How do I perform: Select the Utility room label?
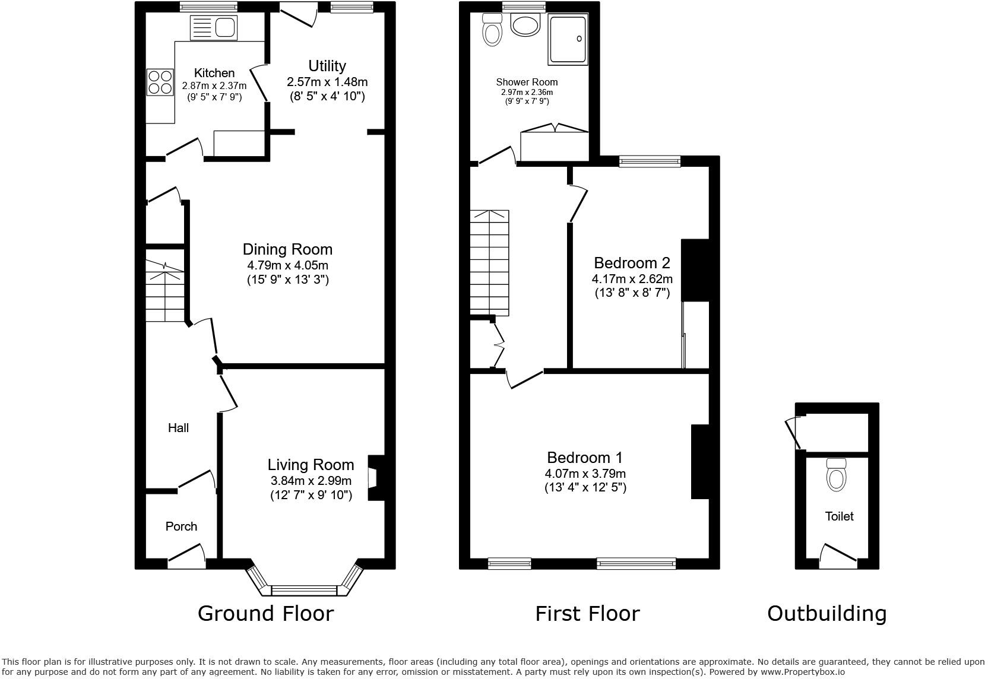pyautogui.click(x=327, y=66)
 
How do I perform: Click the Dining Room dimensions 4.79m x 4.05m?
pyautogui.click(x=287, y=265)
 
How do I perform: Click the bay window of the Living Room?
pyautogui.click(x=303, y=590)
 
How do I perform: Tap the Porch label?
pyautogui.click(x=181, y=526)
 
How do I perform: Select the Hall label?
pyautogui.click(x=178, y=428)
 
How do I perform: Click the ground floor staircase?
pyautogui.click(x=164, y=291)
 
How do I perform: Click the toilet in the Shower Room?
pyautogui.click(x=492, y=30)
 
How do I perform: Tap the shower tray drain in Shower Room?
pyautogui.click(x=579, y=39)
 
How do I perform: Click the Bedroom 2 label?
pyautogui.click(x=632, y=263)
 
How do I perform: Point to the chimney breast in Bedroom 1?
pyautogui.click(x=701, y=462)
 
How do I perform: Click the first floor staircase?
pyautogui.click(x=490, y=262)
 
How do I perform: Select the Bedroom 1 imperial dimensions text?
pyautogui.click(x=585, y=488)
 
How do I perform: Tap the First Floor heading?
pyautogui.click(x=587, y=613)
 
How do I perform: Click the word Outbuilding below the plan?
pyautogui.click(x=826, y=613)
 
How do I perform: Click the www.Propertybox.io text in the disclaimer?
pyautogui.click(x=802, y=672)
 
